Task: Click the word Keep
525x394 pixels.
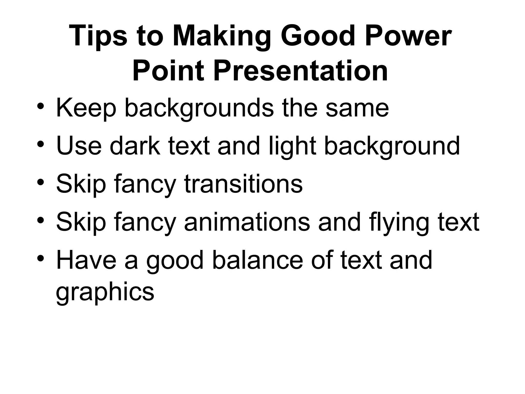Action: point(86,108)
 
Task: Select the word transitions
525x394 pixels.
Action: point(243,184)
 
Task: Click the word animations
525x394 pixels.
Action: point(247,222)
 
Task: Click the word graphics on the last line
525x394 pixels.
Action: point(105,292)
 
